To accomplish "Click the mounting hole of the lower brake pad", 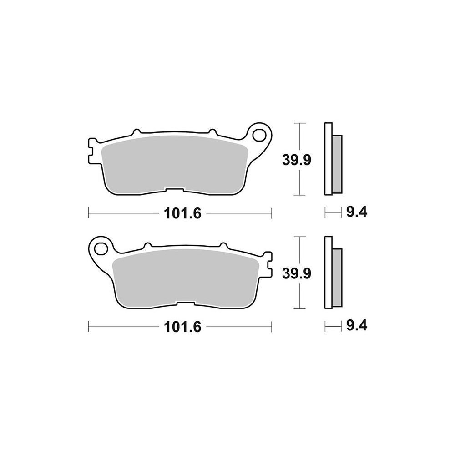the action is coord(101,248).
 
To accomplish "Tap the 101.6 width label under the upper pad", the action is coord(182,214).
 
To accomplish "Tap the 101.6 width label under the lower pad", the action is coord(182,327).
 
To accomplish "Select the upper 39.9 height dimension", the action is coord(297,160).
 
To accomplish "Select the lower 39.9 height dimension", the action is coord(297,273).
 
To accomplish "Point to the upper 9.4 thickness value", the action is coord(357,212).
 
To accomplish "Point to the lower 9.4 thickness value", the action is coord(357,326).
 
